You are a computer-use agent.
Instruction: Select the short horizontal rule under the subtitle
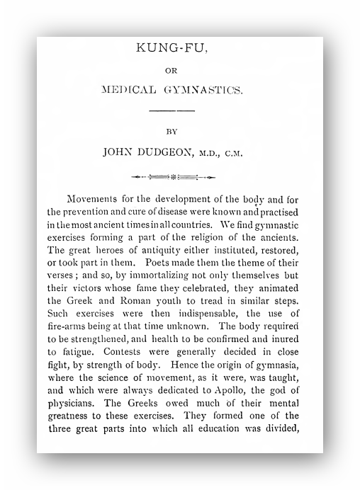175,110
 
